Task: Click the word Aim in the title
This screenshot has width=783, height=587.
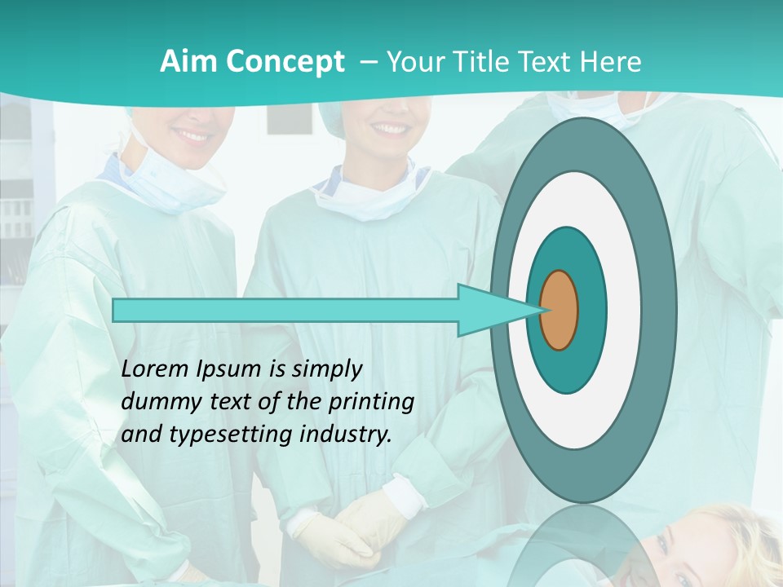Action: point(188,62)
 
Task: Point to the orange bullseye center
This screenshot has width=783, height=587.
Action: point(560,311)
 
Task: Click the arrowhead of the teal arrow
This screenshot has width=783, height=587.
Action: point(489,311)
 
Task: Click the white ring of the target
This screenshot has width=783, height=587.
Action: point(624,311)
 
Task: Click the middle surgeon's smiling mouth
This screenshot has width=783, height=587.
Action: point(392,130)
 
